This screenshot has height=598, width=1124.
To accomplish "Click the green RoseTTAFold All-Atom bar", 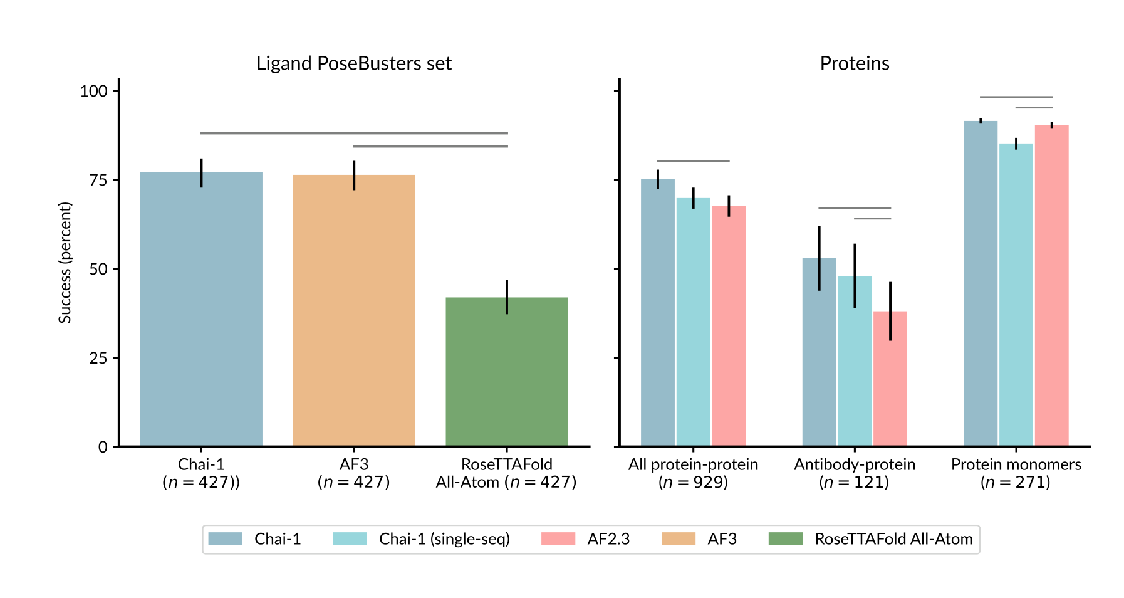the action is (x=506, y=372).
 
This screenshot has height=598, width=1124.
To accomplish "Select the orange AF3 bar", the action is (x=354, y=310).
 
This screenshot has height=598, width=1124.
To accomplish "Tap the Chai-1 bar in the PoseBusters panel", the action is (x=201, y=309).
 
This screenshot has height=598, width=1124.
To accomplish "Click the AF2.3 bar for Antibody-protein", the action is (x=890, y=379).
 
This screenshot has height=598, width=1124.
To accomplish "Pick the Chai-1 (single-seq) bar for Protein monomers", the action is (x=1016, y=295).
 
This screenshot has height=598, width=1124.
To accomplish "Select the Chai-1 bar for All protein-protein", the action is (x=658, y=313).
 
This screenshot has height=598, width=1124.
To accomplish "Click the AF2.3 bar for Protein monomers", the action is (x=1052, y=286).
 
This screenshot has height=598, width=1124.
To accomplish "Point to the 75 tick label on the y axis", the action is (x=98, y=181).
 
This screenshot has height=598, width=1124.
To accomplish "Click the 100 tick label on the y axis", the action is (x=94, y=92).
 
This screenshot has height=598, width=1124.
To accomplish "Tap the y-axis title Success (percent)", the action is (x=65, y=263).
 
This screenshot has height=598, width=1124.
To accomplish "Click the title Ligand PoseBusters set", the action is (x=354, y=64).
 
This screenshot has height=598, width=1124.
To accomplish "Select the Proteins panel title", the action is (x=855, y=64).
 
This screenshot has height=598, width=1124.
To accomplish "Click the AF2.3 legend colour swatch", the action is (x=558, y=539).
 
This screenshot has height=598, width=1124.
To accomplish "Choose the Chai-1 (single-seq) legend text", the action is (x=444, y=539).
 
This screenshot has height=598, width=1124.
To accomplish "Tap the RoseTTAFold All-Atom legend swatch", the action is (x=786, y=539).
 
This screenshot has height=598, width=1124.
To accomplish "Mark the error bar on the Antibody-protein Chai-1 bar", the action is (x=819, y=258).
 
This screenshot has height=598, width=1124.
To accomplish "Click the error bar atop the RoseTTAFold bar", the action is (x=507, y=297).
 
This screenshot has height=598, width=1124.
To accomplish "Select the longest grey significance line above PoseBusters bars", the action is (x=354, y=133).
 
